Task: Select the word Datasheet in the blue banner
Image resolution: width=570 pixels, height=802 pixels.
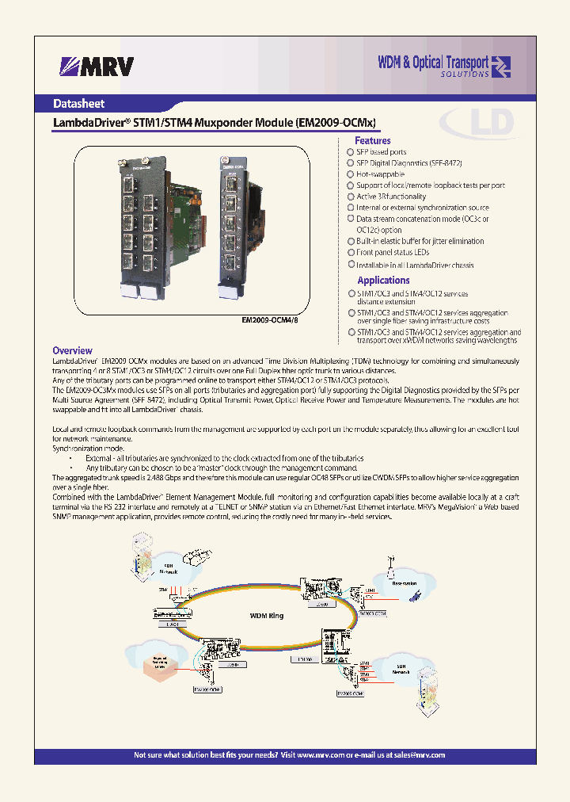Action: tap(78, 103)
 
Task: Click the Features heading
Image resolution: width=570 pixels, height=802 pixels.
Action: tap(372, 140)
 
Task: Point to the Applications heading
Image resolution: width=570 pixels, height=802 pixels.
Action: tap(383, 280)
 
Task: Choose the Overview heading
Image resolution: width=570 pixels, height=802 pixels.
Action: tap(72, 350)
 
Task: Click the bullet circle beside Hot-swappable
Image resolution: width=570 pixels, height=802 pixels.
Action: tap(351, 174)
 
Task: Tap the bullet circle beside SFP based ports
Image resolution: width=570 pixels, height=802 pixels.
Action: tap(351, 151)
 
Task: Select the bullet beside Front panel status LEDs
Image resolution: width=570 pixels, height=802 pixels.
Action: tap(351, 252)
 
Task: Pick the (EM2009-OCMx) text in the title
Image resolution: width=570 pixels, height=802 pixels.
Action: tap(335, 123)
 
